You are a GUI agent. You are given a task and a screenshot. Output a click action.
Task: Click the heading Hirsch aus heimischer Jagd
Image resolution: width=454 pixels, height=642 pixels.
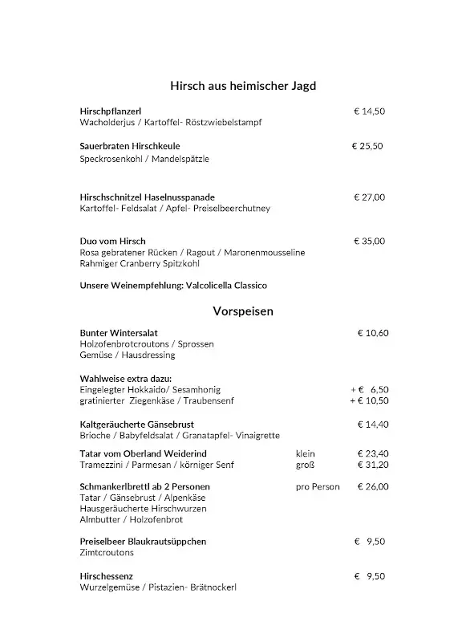(x=247, y=85)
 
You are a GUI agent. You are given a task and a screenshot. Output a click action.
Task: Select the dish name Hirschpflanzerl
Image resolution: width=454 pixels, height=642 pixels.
(x=111, y=112)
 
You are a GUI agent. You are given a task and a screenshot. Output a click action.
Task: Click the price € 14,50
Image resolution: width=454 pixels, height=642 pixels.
(x=370, y=112)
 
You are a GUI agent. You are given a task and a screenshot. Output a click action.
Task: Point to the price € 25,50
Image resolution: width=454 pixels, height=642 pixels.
(x=367, y=146)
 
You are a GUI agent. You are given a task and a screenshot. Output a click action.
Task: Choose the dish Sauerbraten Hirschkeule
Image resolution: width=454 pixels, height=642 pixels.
(x=130, y=146)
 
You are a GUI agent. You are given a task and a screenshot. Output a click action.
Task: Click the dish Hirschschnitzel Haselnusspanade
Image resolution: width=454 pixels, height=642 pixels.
(x=148, y=197)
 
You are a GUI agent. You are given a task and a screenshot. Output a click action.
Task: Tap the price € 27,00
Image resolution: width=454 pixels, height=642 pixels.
(x=370, y=197)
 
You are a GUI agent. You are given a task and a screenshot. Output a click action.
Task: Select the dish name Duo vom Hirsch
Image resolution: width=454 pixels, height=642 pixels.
(x=112, y=241)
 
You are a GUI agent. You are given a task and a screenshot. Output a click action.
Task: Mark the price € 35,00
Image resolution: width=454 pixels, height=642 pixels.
(x=370, y=241)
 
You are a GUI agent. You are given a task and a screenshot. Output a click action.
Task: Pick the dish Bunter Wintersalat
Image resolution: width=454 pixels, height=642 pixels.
(x=119, y=332)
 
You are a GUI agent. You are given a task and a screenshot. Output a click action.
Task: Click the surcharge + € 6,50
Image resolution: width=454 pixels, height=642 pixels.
(x=369, y=389)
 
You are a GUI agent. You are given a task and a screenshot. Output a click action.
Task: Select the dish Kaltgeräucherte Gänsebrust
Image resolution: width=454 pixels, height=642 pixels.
(x=137, y=424)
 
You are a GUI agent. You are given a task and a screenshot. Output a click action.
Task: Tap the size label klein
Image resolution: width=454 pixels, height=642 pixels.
(x=306, y=453)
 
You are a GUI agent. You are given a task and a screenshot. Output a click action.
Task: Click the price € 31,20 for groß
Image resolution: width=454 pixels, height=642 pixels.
(x=373, y=464)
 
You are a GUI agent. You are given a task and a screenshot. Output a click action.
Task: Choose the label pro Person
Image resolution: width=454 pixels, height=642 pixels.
(x=318, y=486)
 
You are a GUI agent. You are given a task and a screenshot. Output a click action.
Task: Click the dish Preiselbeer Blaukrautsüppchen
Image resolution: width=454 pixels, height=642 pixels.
(x=143, y=542)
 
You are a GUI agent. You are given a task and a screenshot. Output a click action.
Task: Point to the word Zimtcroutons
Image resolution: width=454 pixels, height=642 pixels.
(x=107, y=553)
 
